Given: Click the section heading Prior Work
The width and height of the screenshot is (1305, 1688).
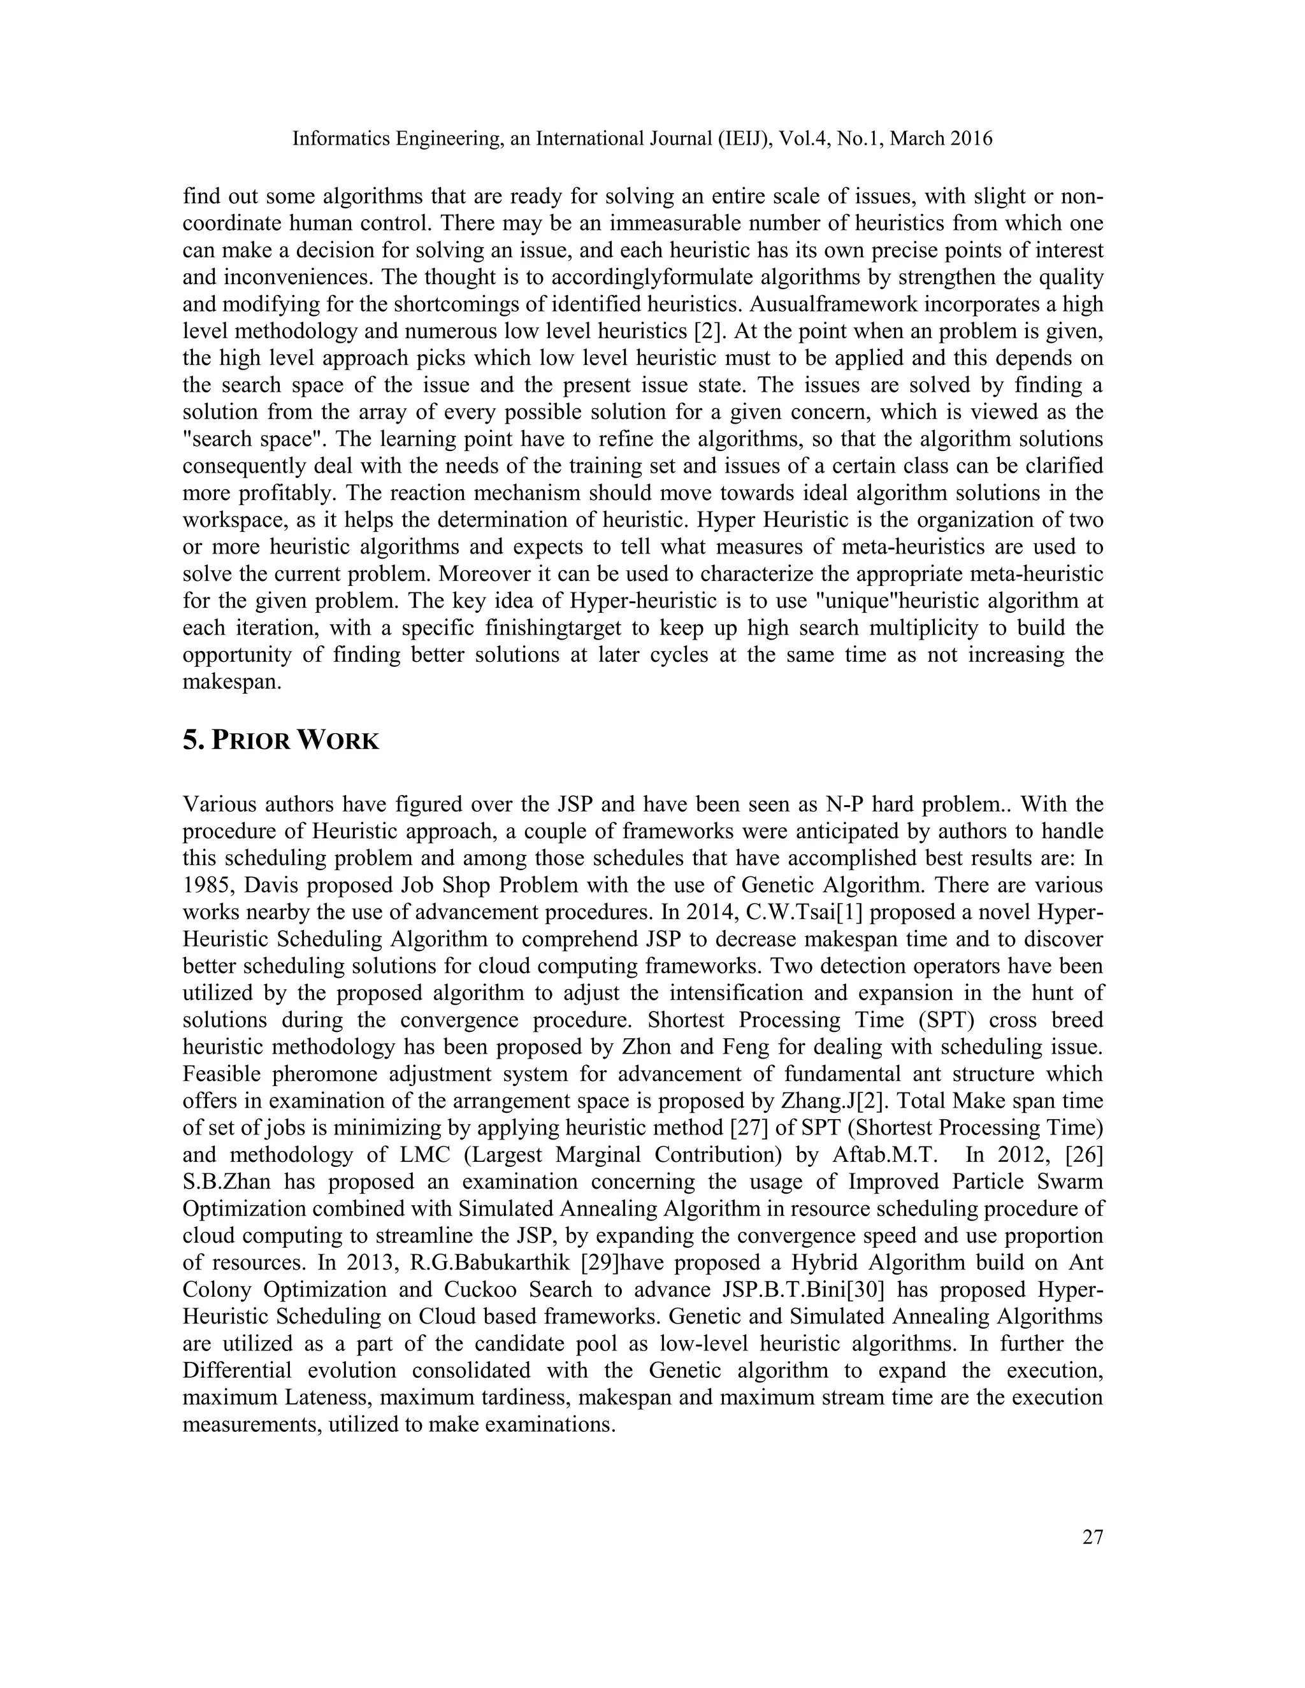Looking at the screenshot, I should point(280,740).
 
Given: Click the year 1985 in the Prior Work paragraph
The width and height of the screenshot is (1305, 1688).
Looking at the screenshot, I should point(206,885).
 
